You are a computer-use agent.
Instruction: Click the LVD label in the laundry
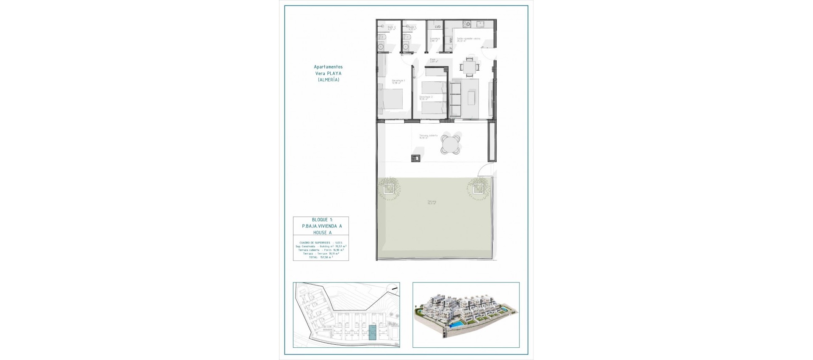[x=437, y=27]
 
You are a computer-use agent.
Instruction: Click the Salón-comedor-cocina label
[x=468, y=39]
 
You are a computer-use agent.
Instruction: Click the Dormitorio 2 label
[x=426, y=97]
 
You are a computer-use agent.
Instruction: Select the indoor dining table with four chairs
[x=470, y=66]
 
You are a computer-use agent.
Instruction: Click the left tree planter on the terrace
[x=389, y=188]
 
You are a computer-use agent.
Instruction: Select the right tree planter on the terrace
[x=478, y=188]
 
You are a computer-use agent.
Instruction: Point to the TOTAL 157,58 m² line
[x=321, y=257]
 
